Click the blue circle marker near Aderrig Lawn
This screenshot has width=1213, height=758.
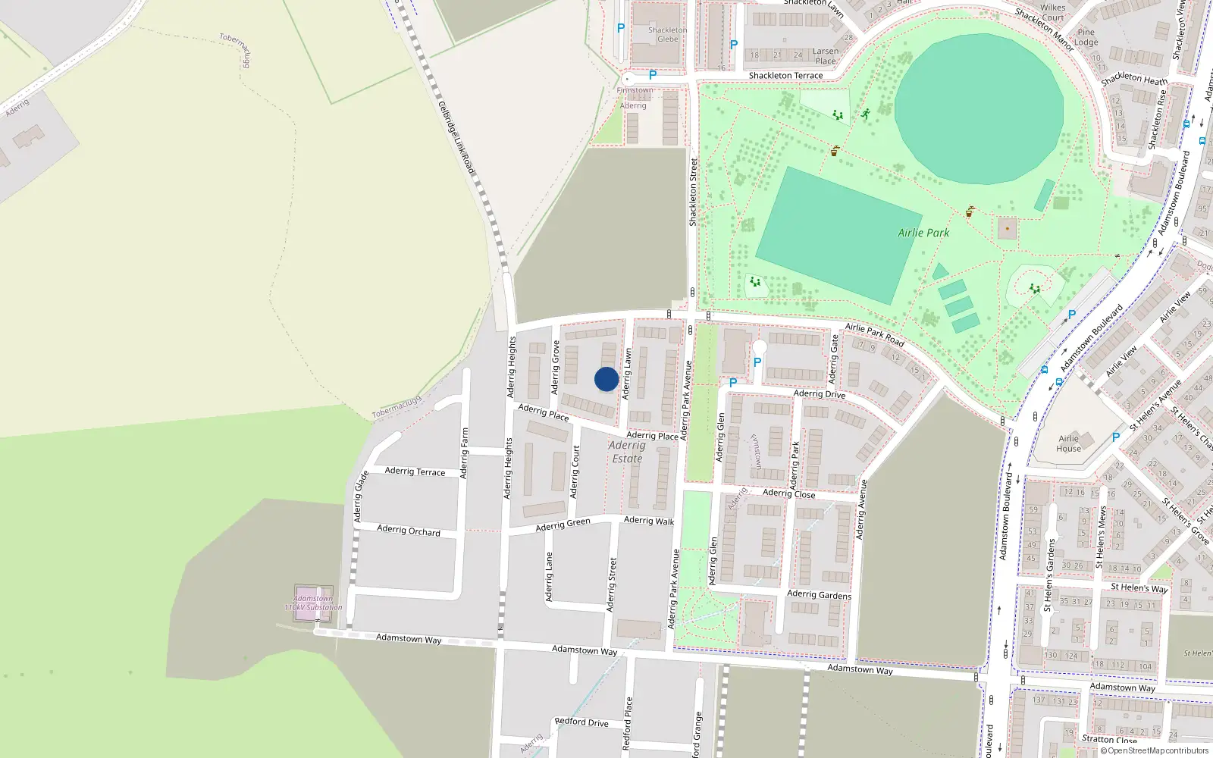(x=606, y=379)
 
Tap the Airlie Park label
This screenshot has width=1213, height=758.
(x=923, y=233)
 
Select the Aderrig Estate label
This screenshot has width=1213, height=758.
(x=627, y=452)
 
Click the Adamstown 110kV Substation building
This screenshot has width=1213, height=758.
(x=313, y=603)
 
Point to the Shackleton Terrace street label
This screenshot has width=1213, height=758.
(x=785, y=76)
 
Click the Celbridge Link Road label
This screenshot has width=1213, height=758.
(x=456, y=137)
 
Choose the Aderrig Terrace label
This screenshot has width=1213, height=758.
(x=415, y=471)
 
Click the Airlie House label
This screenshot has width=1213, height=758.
(x=1068, y=443)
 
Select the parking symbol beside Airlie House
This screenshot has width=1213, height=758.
(x=1115, y=437)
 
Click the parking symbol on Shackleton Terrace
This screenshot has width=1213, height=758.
(x=652, y=76)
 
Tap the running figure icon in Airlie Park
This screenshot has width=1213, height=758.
(x=865, y=114)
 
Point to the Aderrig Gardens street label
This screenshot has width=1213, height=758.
(x=819, y=594)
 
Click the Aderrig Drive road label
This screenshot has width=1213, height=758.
(x=819, y=394)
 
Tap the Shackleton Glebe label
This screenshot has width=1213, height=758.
(x=668, y=35)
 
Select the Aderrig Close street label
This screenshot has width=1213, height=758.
(x=788, y=493)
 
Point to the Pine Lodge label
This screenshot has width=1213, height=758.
(x=1086, y=37)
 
